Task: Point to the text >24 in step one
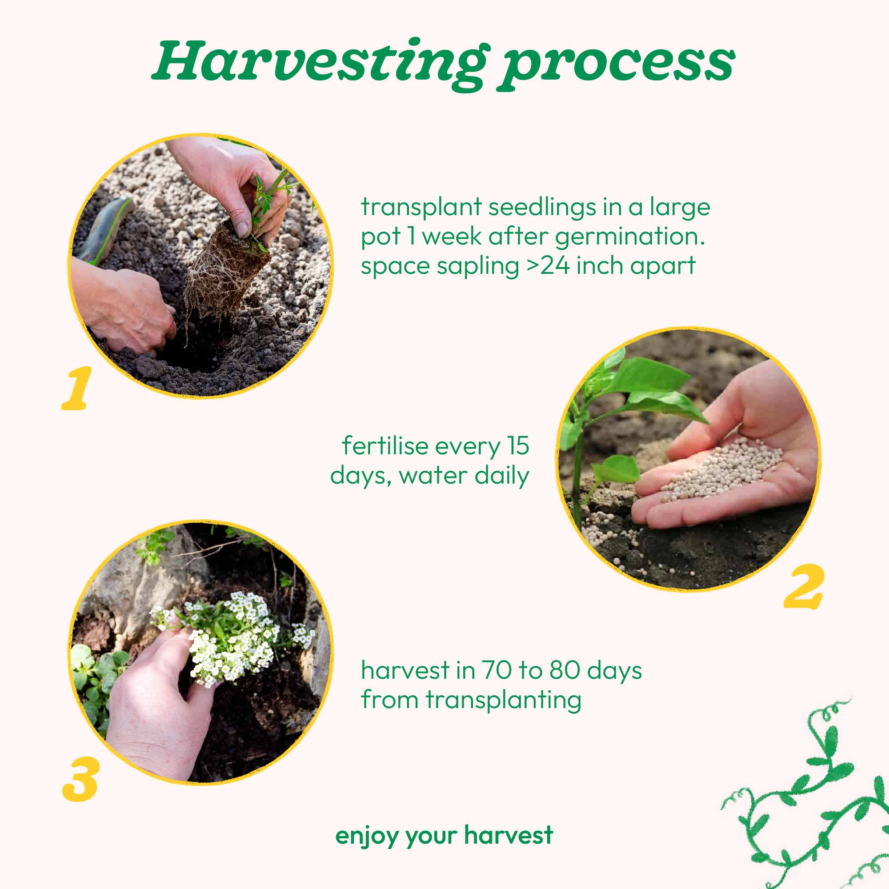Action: tap(548, 265)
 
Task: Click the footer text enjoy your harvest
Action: tap(444, 835)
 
